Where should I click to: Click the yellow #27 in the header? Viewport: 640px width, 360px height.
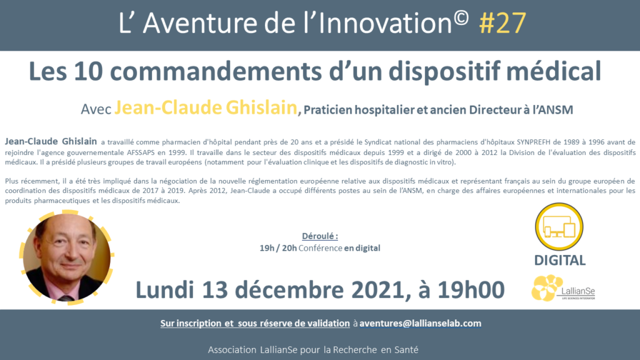point(502,23)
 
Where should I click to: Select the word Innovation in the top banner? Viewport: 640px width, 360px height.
point(384,23)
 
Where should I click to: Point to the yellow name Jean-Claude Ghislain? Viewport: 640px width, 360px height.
point(206,107)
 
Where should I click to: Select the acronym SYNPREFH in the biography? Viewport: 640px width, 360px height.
point(534,142)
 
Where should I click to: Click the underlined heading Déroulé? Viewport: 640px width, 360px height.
point(320,236)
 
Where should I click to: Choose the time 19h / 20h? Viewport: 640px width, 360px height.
point(278,248)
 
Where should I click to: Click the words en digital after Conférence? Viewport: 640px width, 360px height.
point(362,248)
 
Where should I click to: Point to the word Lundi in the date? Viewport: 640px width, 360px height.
point(165,290)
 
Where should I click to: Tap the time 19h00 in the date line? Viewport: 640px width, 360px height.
point(471,290)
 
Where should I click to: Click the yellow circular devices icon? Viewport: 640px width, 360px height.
point(559,226)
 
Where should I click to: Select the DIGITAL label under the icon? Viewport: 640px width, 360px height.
point(560,260)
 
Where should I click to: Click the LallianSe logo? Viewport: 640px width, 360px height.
point(563,287)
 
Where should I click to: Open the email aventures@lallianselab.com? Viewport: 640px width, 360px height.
point(421,323)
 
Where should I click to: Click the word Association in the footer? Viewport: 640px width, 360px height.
point(232,350)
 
